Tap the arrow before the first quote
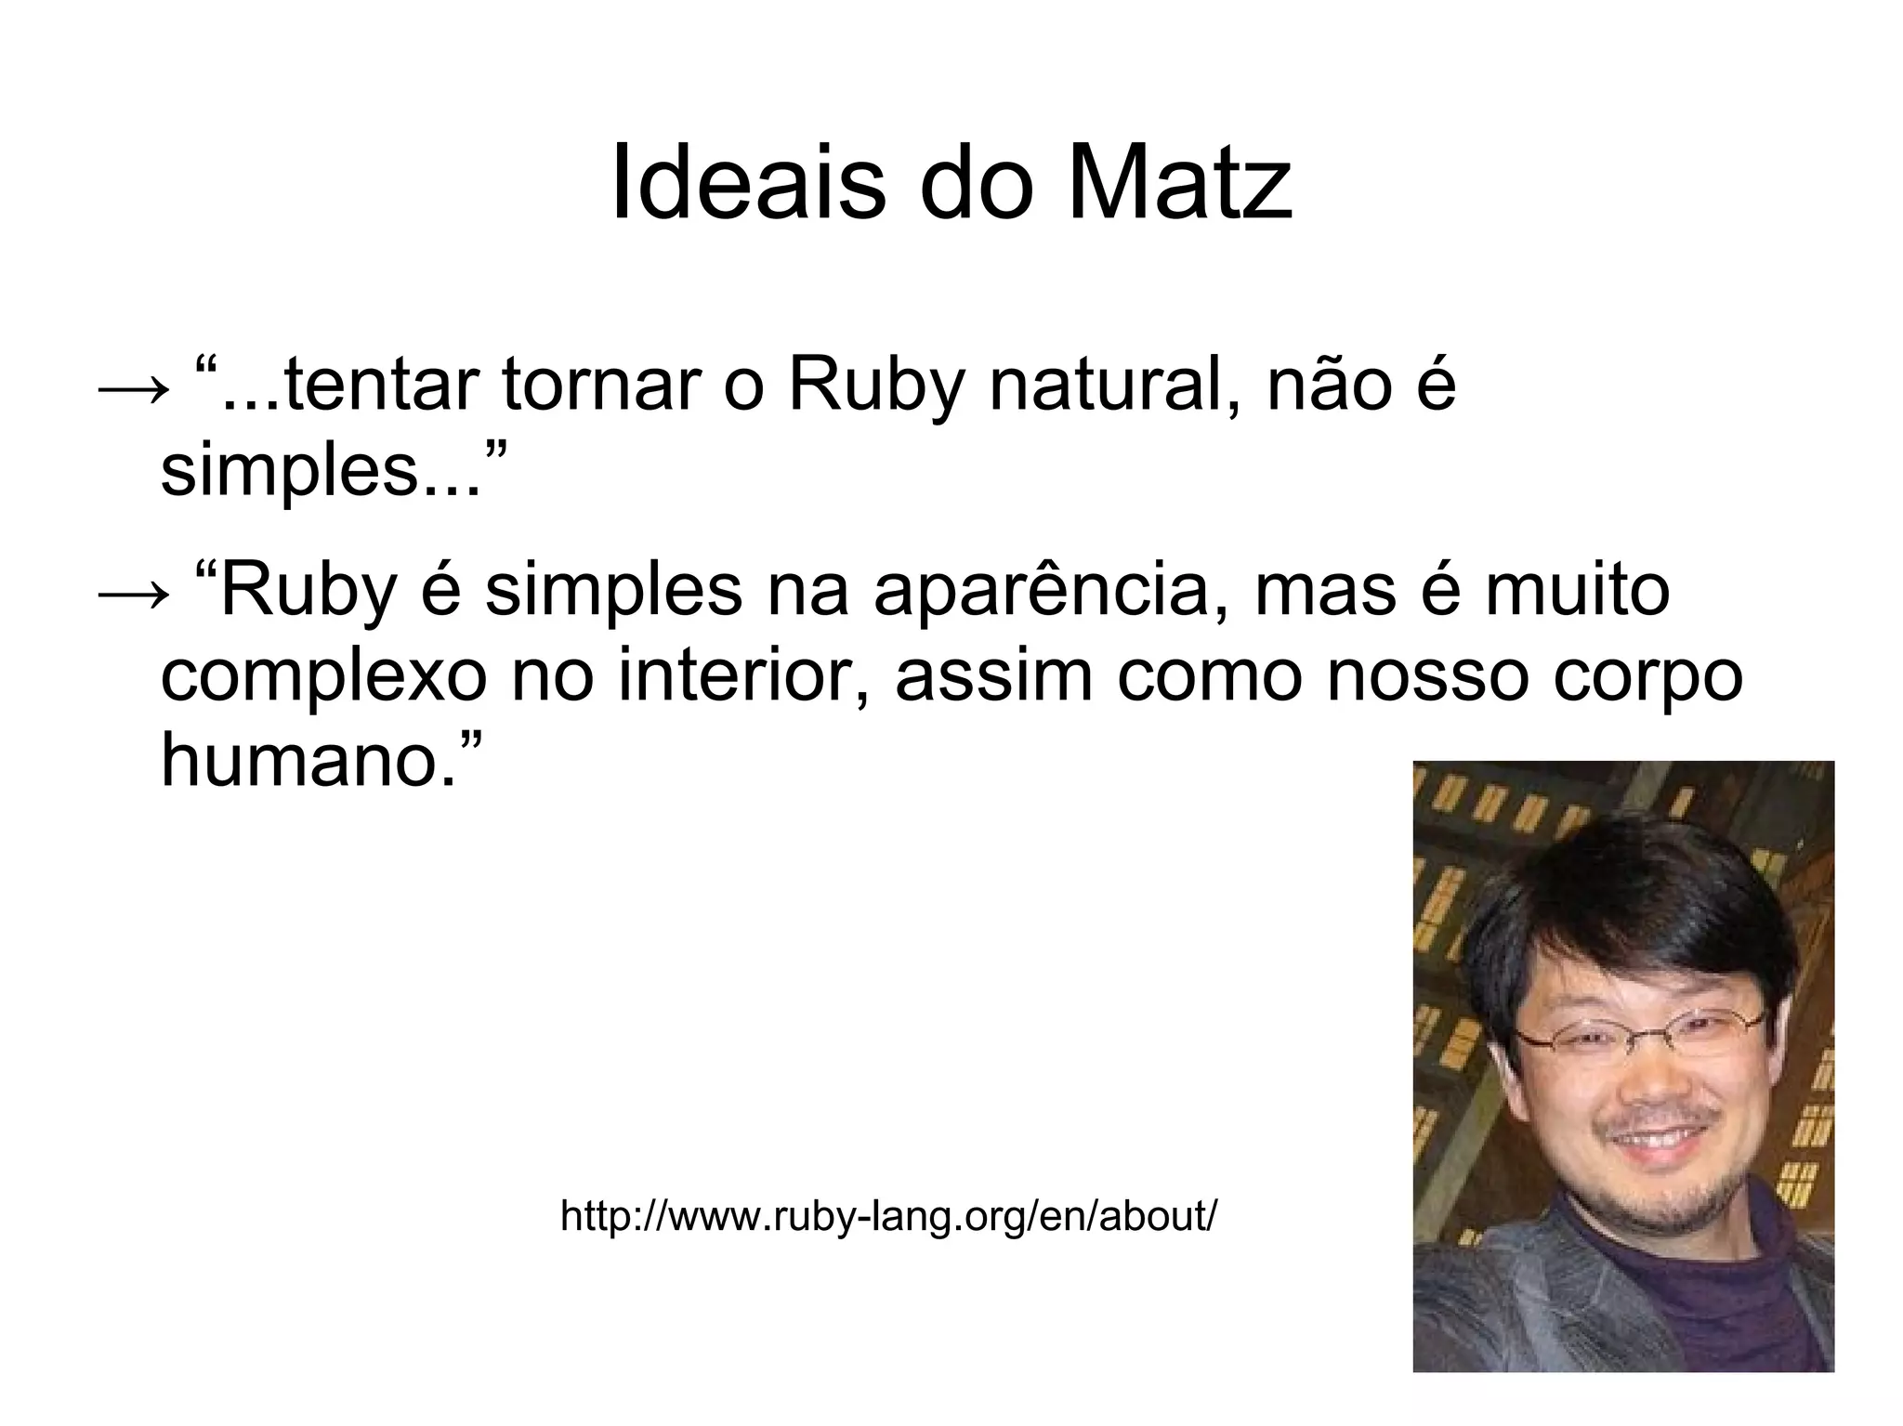pyautogui.click(x=133, y=387)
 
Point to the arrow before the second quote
pyautogui.click(x=133, y=592)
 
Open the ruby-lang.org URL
pyautogui.click(x=888, y=1216)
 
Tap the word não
pyautogui.click(x=1324, y=386)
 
